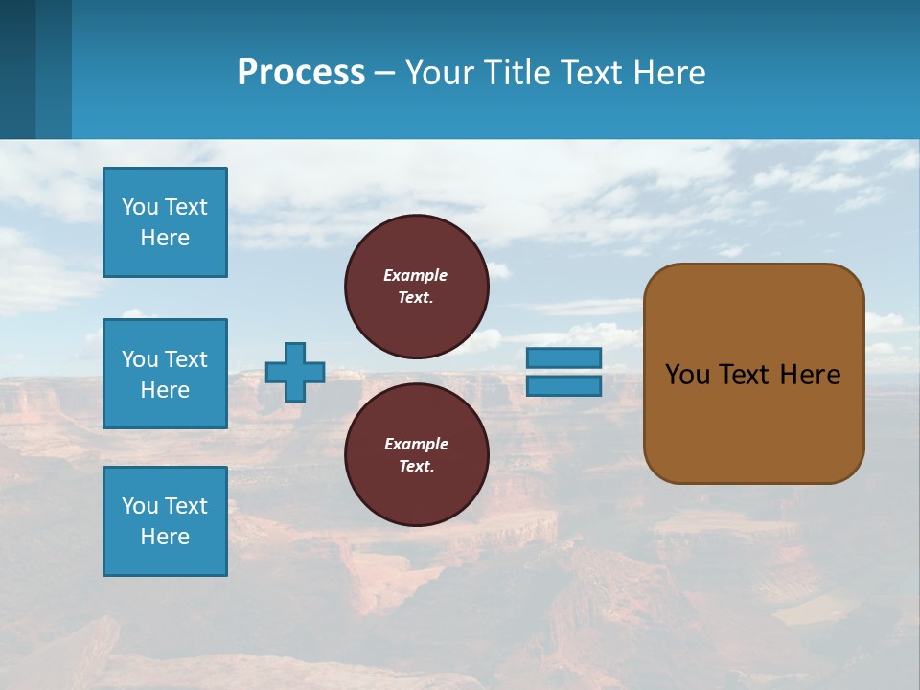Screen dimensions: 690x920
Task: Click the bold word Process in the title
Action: click(301, 73)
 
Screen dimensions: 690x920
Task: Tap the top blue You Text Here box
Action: click(165, 222)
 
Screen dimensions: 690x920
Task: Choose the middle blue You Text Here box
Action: click(165, 374)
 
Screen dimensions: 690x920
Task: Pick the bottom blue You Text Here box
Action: click(165, 521)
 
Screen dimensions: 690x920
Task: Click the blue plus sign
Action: click(295, 372)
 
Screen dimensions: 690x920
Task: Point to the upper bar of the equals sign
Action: click(564, 357)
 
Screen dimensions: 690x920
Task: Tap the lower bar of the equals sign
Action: click(564, 386)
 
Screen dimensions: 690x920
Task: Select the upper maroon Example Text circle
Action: click(417, 286)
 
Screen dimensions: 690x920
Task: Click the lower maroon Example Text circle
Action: click(417, 454)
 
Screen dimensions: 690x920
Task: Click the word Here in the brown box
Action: click(810, 375)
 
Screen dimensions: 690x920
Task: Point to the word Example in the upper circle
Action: click(416, 275)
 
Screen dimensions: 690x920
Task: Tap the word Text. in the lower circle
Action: click(416, 467)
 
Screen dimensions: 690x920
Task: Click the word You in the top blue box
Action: click(140, 207)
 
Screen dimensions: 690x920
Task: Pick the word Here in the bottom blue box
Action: click(165, 537)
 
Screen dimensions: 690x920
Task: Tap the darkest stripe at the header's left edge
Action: click(17, 69)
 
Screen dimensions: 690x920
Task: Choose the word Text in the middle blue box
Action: click(185, 359)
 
